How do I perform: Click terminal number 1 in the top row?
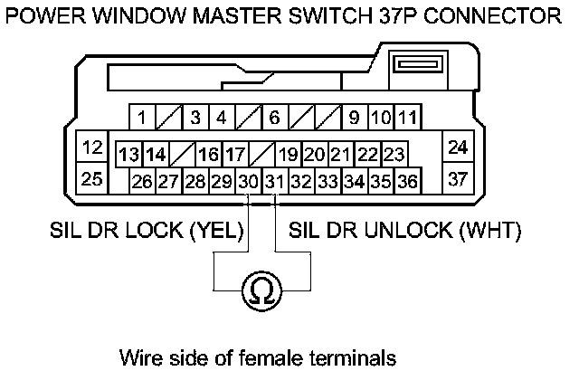(x=141, y=117)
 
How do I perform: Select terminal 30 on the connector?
(x=249, y=181)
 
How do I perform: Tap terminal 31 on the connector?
(x=275, y=181)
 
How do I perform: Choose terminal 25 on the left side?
(x=91, y=178)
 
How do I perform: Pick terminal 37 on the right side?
(x=458, y=178)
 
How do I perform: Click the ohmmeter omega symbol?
(x=261, y=290)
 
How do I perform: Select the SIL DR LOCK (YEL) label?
(x=147, y=231)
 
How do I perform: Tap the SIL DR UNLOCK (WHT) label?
(x=404, y=231)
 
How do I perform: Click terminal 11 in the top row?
(x=407, y=117)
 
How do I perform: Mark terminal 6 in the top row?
(x=274, y=117)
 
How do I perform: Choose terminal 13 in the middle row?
(x=129, y=154)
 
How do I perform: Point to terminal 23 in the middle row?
(x=394, y=154)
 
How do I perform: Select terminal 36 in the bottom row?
(x=407, y=181)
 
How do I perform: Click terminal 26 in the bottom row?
(x=142, y=181)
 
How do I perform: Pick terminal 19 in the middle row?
(x=289, y=154)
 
